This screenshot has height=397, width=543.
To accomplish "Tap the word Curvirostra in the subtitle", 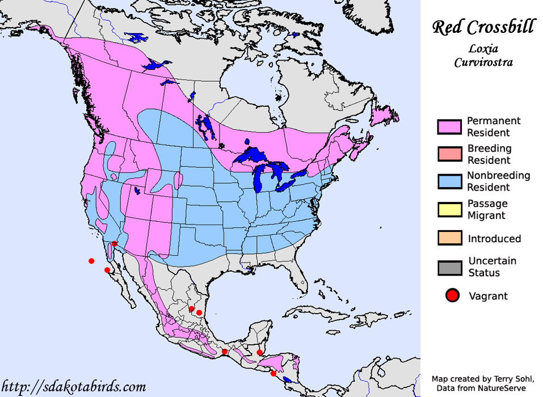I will click(x=483, y=62).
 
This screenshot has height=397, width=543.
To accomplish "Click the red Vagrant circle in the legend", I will click(x=452, y=295).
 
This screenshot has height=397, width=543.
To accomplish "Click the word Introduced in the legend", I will click(x=494, y=239).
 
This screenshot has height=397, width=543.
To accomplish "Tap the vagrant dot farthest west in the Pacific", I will click(x=91, y=261).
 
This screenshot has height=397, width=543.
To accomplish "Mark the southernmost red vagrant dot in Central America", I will click(x=273, y=373).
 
